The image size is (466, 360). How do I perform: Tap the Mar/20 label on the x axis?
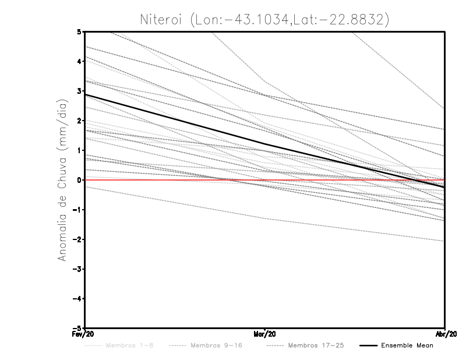[265, 334]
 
